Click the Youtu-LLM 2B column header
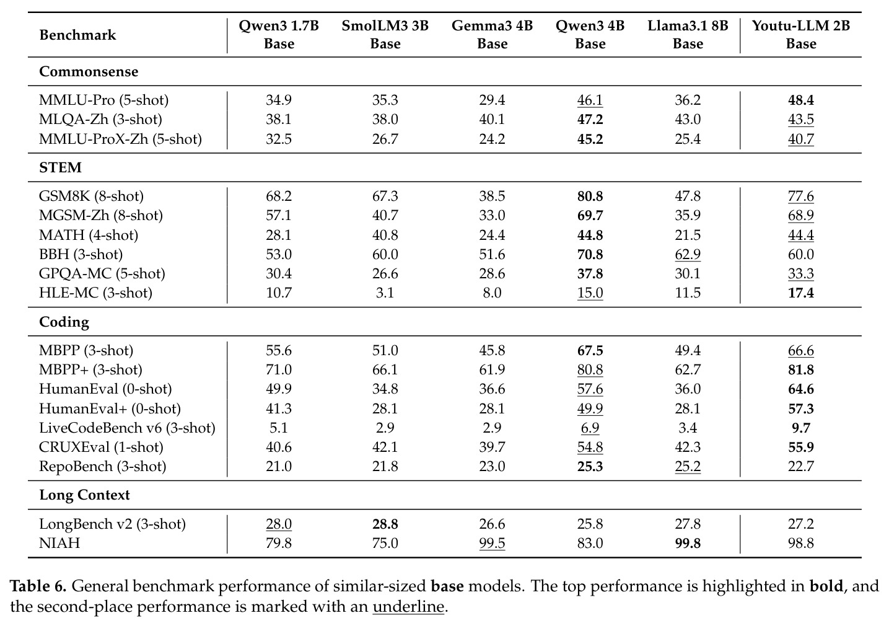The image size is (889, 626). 801,35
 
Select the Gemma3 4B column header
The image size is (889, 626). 492,35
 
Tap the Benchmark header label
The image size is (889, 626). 77,35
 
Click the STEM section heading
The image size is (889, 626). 60,167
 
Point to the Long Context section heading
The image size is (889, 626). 84,495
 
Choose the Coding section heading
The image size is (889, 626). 64,322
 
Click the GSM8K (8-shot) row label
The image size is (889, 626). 91,196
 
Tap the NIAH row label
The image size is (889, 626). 59,543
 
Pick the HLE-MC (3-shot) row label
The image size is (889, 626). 95,293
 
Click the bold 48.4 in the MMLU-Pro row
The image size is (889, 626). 801,100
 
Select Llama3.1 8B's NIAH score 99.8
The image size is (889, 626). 688,543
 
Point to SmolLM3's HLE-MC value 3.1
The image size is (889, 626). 385,293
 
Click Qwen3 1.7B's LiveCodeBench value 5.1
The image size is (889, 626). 279,428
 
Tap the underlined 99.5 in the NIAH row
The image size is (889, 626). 492,544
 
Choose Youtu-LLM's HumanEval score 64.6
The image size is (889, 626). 801,389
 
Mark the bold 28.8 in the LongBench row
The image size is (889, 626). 385,524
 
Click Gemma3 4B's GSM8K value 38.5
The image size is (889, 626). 492,196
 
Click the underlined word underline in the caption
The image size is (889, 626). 408,607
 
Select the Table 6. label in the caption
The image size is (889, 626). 38,586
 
